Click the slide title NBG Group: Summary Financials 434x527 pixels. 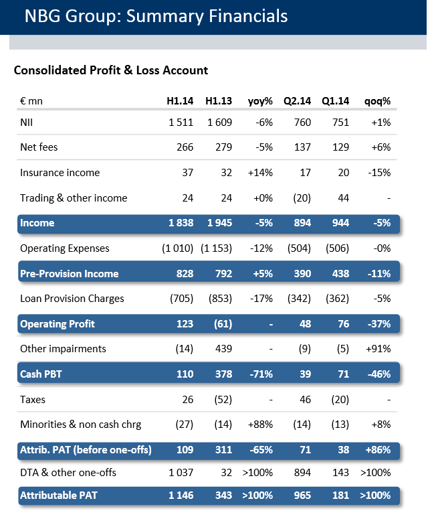click(156, 16)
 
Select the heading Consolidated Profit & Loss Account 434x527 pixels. click(111, 70)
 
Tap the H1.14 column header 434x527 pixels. click(180, 102)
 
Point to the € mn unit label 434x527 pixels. click(31, 102)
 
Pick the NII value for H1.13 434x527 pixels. click(219, 122)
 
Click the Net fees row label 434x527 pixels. click(39, 147)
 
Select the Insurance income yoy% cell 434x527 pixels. click(260, 173)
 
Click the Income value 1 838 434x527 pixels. click(180, 223)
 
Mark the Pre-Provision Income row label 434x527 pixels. click(70, 274)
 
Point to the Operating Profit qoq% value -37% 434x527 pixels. click(378, 324)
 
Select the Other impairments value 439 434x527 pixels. click(223, 349)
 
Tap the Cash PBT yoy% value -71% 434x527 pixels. click(260, 374)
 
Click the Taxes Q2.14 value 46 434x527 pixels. click(305, 400)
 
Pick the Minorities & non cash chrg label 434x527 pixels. click(81, 425)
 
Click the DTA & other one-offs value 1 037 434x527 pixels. click(178, 473)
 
